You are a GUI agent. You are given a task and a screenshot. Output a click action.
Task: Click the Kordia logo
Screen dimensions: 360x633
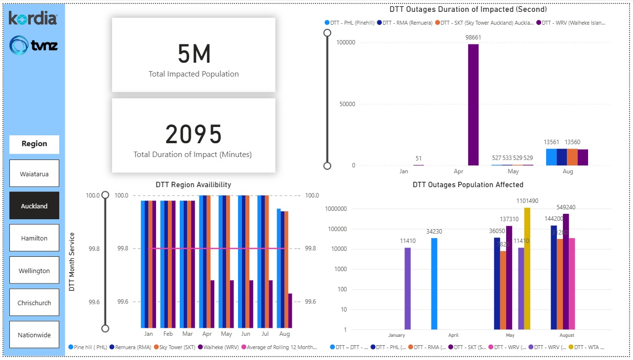coord(33,19)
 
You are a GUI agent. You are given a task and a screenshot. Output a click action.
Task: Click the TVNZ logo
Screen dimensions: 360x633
coord(34,45)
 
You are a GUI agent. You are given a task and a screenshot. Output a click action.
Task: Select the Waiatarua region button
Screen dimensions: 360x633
coord(34,174)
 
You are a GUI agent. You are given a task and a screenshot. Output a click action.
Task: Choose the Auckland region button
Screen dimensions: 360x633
coord(34,206)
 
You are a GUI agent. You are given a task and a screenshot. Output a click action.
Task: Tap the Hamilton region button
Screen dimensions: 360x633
coord(34,238)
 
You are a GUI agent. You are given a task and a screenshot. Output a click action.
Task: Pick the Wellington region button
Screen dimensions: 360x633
coord(34,271)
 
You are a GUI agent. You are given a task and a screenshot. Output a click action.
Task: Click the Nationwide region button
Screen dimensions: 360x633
coord(34,335)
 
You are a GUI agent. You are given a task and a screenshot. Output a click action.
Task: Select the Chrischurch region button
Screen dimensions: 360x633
coord(34,303)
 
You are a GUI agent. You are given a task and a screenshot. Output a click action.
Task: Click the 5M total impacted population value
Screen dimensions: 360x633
coord(194,54)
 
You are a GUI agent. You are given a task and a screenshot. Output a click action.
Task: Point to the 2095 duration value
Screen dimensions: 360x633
coord(194,134)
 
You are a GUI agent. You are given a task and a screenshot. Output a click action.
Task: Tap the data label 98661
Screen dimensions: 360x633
coord(473,38)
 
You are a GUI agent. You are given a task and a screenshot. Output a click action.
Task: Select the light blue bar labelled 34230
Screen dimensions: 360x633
coord(434,283)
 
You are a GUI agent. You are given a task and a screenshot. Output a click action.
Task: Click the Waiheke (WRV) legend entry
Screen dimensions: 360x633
coord(220,347)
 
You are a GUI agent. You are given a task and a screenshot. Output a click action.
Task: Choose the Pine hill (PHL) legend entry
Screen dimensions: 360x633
coord(89,347)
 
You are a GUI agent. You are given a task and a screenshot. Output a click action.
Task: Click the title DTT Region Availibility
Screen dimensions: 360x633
coord(193,185)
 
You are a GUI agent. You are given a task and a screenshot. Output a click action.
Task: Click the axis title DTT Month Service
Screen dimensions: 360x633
coord(72,262)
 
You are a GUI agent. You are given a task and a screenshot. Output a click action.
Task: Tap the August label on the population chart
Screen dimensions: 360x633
coord(567,335)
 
